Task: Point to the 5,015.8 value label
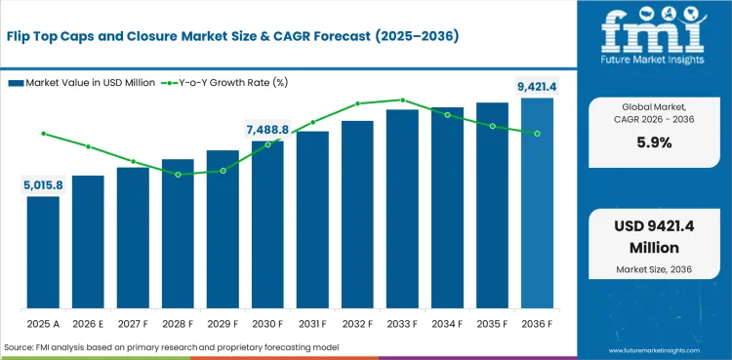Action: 43,184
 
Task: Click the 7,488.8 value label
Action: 267,130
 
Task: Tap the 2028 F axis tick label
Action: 178,321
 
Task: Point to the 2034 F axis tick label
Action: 447,321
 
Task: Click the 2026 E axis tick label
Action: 88,321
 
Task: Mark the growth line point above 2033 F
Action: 402,100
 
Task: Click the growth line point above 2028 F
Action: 178,175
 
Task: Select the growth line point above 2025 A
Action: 43,133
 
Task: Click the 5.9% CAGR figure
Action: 652,141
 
